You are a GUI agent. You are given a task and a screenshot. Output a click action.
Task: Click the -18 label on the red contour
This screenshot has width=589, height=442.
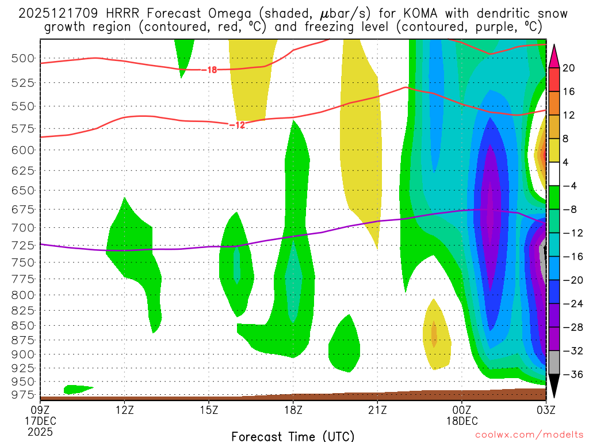(211, 70)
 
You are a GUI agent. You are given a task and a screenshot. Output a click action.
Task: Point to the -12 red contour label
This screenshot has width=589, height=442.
(238, 125)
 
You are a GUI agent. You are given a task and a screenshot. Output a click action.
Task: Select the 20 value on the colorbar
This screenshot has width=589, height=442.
(569, 68)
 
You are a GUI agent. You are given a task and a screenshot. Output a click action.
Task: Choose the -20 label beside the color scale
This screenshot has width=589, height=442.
(569, 280)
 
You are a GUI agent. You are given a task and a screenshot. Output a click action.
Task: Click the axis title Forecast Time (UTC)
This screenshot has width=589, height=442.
(293, 436)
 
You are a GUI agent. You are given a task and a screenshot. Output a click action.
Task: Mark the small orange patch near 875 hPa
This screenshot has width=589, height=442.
(434, 333)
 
